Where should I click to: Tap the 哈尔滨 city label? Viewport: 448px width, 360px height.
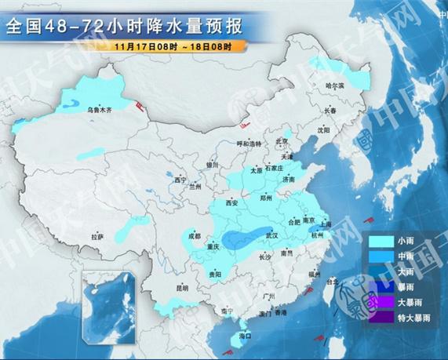click(x=336, y=85)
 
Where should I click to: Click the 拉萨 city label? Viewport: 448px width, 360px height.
click(x=97, y=236)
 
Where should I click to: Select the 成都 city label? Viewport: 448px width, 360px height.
click(x=194, y=235)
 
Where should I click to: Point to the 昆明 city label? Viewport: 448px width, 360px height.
click(x=182, y=288)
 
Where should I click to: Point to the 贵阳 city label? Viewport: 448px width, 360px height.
click(x=213, y=274)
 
